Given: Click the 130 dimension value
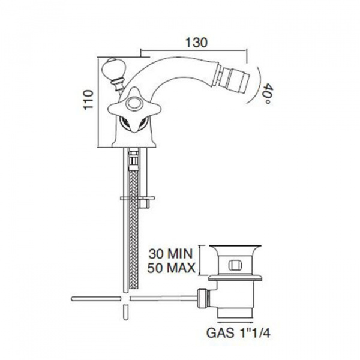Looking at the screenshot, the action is click(x=196, y=42).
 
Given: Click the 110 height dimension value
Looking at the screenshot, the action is click(x=89, y=100).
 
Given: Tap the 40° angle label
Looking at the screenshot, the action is click(x=267, y=94).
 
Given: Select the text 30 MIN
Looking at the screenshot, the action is click(x=170, y=254).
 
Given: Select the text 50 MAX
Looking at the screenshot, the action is click(x=171, y=268).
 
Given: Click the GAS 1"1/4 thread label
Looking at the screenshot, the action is click(x=238, y=332).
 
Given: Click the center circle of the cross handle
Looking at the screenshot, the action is click(x=134, y=102).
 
